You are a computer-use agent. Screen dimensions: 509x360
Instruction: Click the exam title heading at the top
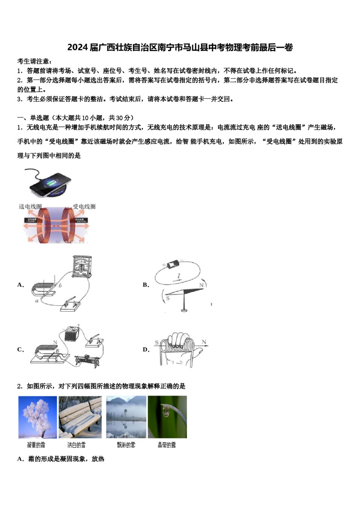click(180, 47)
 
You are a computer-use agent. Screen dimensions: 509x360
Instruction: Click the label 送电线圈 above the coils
click(30, 206)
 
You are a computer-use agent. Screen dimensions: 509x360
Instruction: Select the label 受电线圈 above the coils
click(84, 206)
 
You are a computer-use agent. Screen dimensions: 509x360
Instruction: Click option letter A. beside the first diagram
click(20, 285)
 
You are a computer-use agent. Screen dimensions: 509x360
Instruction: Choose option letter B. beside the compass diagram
click(146, 285)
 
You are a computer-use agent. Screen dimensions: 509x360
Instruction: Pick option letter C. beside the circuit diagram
click(20, 349)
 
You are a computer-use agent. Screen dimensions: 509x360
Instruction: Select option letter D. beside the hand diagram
click(146, 349)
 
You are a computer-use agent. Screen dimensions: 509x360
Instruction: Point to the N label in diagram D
click(204, 342)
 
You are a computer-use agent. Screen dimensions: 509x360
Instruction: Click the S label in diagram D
click(157, 342)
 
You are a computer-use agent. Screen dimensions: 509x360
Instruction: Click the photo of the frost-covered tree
click(38, 417)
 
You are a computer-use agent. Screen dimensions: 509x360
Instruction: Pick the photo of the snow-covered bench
click(80, 417)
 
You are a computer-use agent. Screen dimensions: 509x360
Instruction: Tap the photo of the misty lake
click(126, 417)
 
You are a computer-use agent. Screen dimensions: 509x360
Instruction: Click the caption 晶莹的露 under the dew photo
click(167, 445)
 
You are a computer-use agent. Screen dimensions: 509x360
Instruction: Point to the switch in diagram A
click(71, 304)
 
